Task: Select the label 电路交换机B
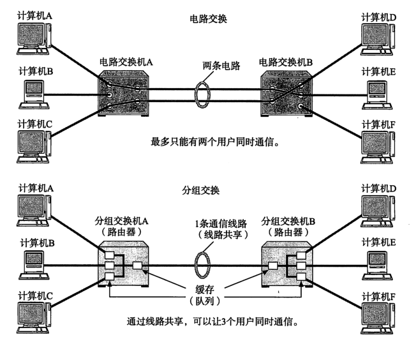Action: pyautogui.click(x=285, y=62)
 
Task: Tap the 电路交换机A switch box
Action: pyautogui.click(x=125, y=94)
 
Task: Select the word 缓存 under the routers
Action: pyautogui.click(x=205, y=289)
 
